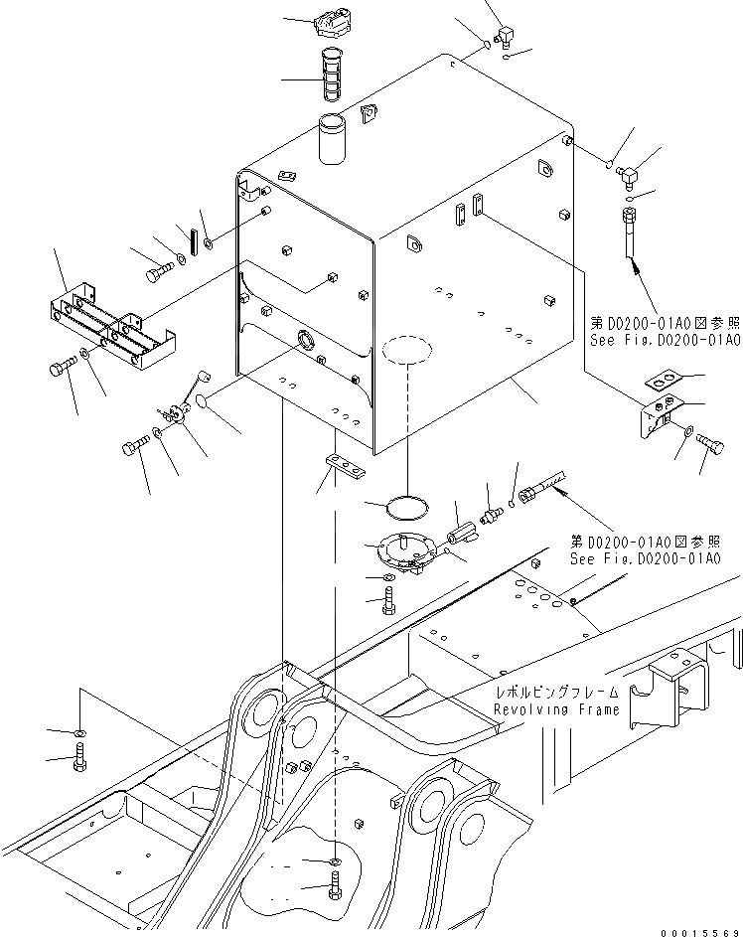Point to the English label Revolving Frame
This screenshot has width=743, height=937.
556,708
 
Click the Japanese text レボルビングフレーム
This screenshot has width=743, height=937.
558,693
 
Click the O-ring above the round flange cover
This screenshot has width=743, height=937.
407,507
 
